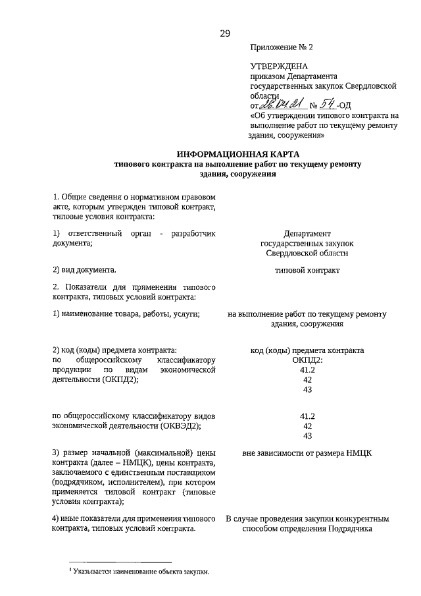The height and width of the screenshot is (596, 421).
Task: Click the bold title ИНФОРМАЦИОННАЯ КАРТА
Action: coord(229,154)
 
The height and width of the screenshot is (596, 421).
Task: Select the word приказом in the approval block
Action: coord(266,76)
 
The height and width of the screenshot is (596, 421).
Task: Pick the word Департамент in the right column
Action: coord(307,234)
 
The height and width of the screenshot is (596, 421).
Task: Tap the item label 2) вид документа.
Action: coord(85,270)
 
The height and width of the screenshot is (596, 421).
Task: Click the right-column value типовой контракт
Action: coord(307,270)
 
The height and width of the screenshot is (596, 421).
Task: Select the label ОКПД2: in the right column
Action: coord(307,360)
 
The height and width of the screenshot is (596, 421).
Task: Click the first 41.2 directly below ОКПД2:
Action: coord(307,370)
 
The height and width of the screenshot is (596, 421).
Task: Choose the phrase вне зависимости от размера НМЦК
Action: coord(307,453)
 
